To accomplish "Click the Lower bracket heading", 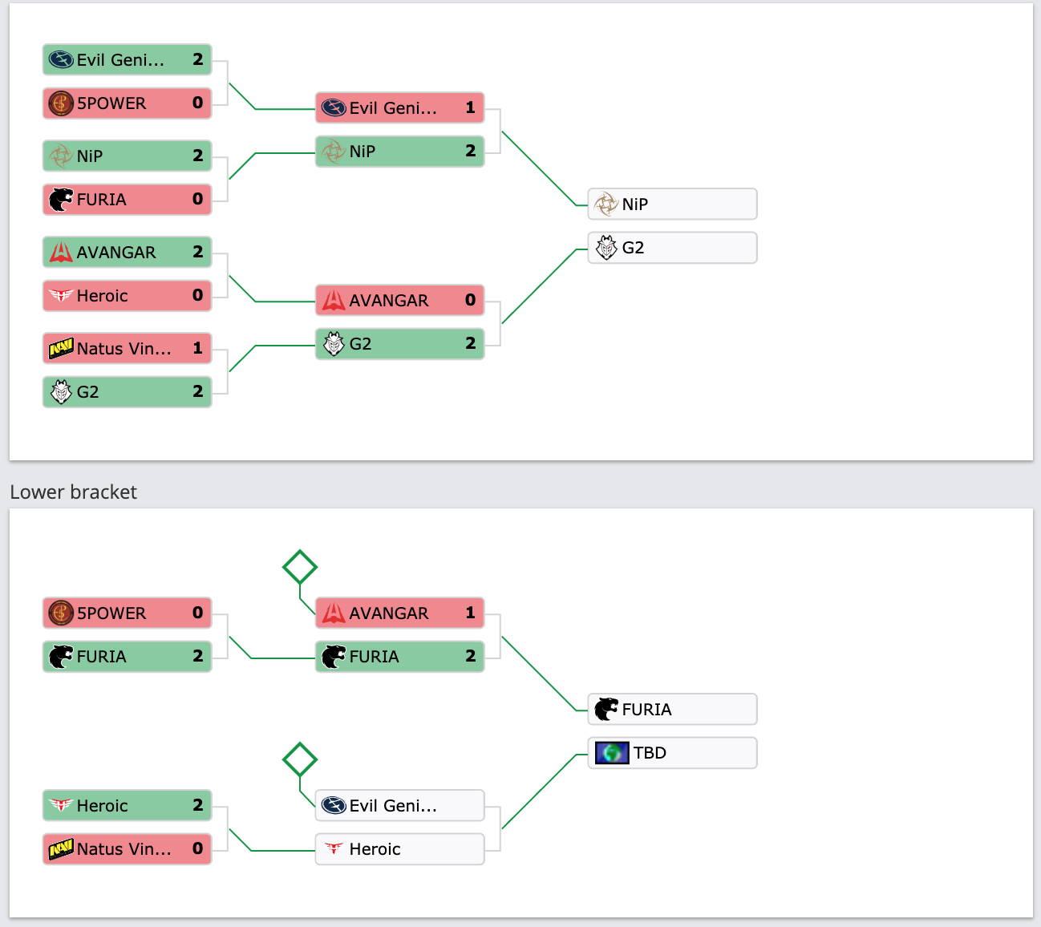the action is click(74, 492).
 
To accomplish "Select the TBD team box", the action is click(672, 753).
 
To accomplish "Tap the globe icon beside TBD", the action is click(611, 753).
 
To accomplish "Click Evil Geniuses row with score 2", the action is click(127, 59).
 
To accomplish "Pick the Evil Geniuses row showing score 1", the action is click(399, 108).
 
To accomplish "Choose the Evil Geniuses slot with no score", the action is click(399, 805).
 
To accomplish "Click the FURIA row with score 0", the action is click(127, 200).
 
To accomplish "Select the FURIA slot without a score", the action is click(672, 709).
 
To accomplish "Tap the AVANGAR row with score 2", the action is click(127, 253).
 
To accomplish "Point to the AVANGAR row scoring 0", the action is click(399, 300).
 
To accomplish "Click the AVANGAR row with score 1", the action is click(399, 613).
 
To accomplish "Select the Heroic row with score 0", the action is click(127, 295).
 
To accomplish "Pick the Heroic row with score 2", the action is click(127, 805).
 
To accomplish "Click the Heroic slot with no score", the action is click(399, 849).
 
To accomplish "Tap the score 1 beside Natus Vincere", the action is click(198, 348).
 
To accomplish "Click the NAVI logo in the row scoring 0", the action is click(61, 849).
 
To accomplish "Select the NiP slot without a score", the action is click(672, 204).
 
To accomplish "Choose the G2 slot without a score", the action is click(672, 248).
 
